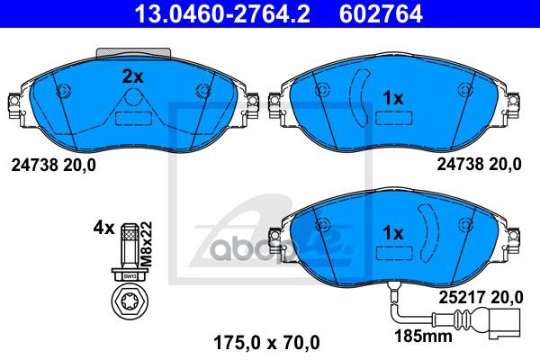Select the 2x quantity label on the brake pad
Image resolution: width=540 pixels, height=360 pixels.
132,77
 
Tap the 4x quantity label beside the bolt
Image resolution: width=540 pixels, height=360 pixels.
103,229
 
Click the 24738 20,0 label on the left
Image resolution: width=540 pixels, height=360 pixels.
51,165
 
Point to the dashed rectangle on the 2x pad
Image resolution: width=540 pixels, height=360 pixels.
132,116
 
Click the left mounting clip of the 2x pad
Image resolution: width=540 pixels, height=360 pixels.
13,107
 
